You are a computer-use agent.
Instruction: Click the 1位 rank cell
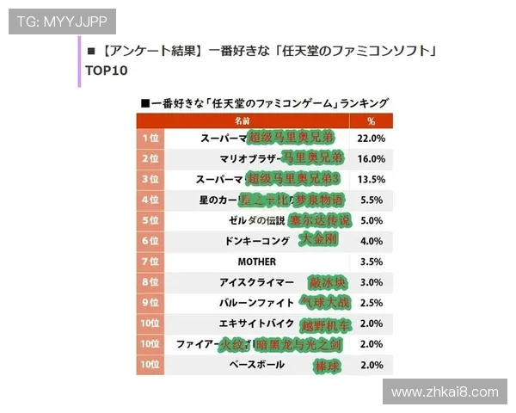coord(150,138)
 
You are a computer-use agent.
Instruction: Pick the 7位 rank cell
coord(150,261)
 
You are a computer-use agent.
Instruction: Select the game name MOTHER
coord(255,261)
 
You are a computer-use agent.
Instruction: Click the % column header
coord(371,121)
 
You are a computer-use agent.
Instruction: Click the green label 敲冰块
coord(326,281)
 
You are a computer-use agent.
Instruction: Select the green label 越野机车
coord(326,324)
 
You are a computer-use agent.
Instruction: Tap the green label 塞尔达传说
coord(318,219)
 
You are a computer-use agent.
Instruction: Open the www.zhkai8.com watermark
coord(445,392)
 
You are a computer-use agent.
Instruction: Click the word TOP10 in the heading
coord(107,71)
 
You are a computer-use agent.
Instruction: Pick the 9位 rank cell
coord(150,302)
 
